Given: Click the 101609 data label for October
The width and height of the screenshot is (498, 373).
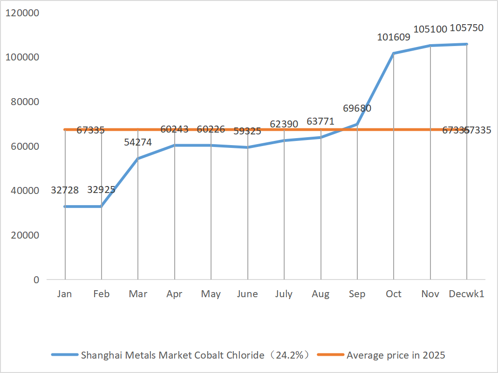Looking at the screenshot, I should (394, 37).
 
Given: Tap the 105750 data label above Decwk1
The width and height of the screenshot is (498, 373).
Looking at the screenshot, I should (466, 28).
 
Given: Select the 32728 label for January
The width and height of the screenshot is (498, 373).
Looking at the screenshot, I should (65, 190).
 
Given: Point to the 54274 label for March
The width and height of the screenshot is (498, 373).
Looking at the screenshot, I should (138, 142).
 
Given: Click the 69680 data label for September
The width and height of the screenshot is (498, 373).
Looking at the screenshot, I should (357, 108).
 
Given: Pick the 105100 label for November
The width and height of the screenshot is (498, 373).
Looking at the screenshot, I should (430, 29).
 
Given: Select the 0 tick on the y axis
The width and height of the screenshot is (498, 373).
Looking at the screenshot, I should (36, 280).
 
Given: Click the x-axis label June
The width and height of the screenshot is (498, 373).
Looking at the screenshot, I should (247, 294).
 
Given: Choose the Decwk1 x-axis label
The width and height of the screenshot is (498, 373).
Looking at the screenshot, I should (466, 294).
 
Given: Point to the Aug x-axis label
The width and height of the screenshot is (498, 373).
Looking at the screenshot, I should (321, 294).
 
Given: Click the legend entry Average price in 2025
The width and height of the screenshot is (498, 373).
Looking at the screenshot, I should (396, 355).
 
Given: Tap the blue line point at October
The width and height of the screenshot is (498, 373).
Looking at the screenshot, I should (394, 53).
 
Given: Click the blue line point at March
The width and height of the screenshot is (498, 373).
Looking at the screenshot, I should (138, 159).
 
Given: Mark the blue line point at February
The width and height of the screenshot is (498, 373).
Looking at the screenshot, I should (102, 206).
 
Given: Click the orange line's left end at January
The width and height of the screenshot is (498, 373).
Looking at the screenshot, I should (65, 130).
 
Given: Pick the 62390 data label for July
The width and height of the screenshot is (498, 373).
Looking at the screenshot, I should (284, 124).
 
